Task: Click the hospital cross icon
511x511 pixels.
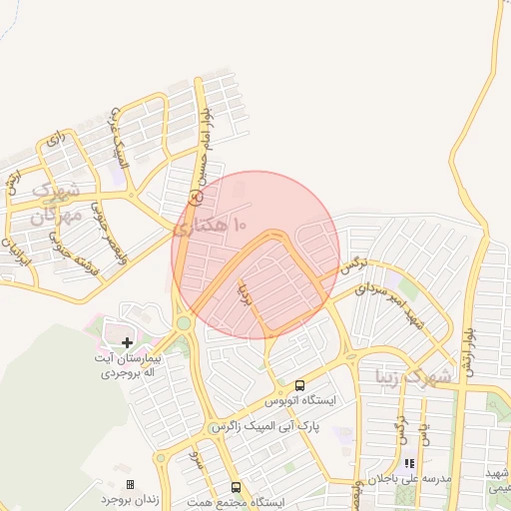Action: (127, 342)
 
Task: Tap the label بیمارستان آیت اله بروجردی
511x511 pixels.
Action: (127, 365)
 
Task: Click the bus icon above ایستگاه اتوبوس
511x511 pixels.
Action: (299, 385)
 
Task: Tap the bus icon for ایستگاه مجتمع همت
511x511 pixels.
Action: (236, 487)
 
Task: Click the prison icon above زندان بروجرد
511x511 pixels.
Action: (130, 484)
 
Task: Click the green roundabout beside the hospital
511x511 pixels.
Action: (184, 323)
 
